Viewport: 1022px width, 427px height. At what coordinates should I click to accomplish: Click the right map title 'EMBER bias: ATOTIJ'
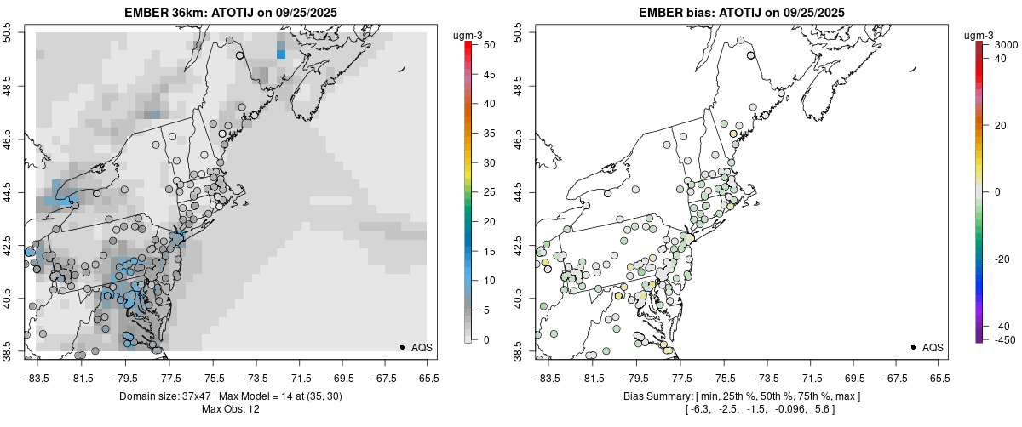click(696, 12)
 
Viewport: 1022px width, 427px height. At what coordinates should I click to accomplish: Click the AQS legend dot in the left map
click(401, 347)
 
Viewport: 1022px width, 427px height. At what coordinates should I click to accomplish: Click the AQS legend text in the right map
click(933, 347)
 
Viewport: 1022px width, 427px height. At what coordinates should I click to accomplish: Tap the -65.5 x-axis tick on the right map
click(938, 376)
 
